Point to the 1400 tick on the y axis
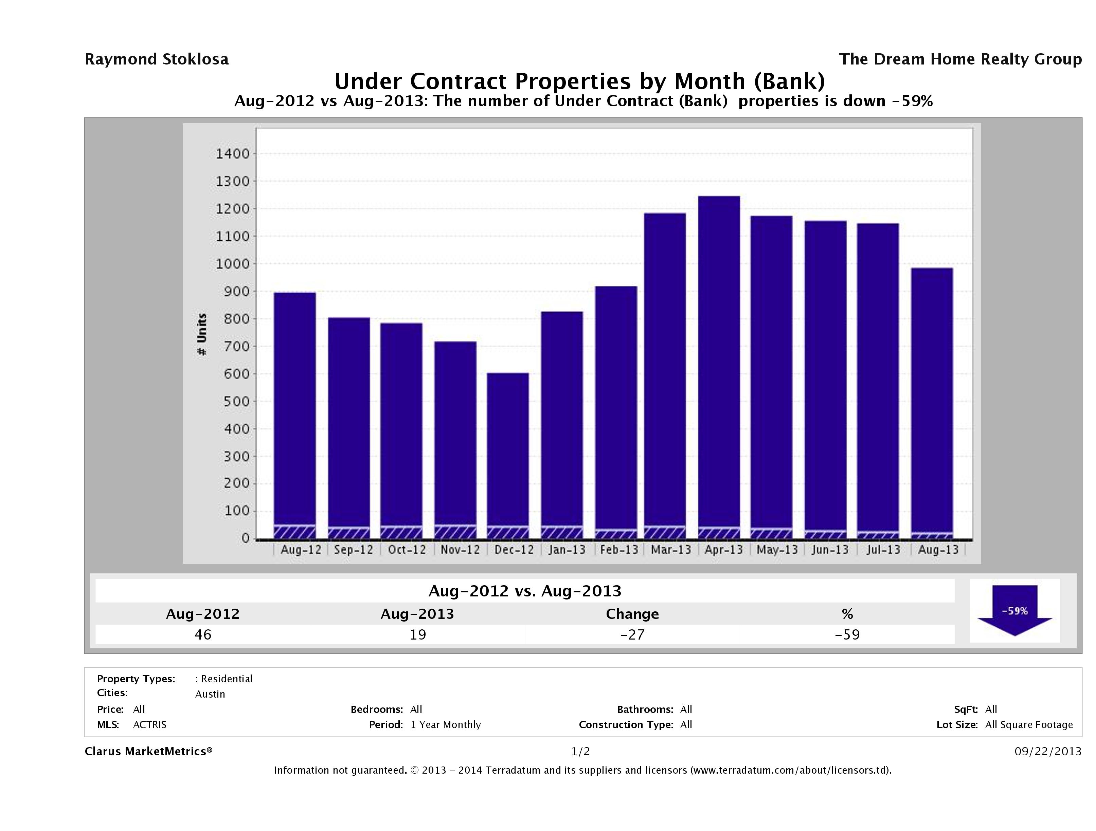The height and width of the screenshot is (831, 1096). pyautogui.click(x=232, y=154)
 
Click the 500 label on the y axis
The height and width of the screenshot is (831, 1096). pyautogui.click(x=232, y=401)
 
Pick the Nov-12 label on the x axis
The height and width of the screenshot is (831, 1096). pyautogui.click(x=460, y=550)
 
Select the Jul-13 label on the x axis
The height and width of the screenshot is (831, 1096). pyautogui.click(x=883, y=550)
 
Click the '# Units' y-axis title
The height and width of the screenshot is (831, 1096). pyautogui.click(x=202, y=334)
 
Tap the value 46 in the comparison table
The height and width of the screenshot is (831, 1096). pyautogui.click(x=203, y=634)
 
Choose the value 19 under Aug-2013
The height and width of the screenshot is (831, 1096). pyautogui.click(x=418, y=634)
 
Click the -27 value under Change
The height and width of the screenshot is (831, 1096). pyautogui.click(x=632, y=634)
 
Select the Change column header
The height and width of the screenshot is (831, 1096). pyautogui.click(x=632, y=614)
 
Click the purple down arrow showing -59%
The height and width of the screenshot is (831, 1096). pyautogui.click(x=1014, y=610)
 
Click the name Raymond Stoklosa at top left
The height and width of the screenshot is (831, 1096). pyautogui.click(x=157, y=59)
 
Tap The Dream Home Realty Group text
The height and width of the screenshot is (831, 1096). pyautogui.click(x=960, y=59)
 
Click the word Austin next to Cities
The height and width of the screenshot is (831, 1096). pyautogui.click(x=210, y=694)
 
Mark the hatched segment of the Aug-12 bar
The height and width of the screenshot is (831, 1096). pyautogui.click(x=294, y=532)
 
